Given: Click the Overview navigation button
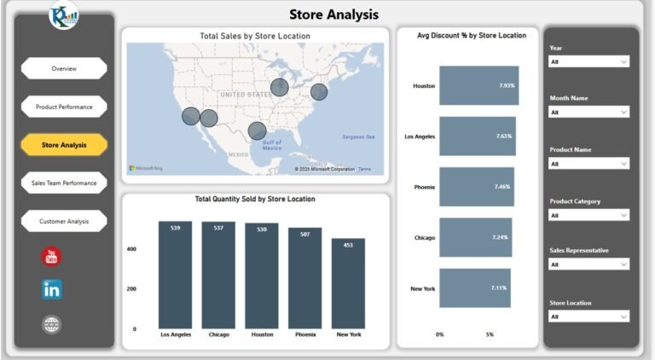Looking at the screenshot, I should pyautogui.click(x=64, y=68).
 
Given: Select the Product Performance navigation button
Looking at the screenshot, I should pyautogui.click(x=64, y=107).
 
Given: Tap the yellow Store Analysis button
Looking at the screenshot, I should pyautogui.click(x=64, y=145).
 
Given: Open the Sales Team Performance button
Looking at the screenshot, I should pyautogui.click(x=64, y=183).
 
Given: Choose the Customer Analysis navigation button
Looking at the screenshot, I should pyautogui.click(x=64, y=221).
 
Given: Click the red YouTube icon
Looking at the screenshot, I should pyautogui.click(x=52, y=256).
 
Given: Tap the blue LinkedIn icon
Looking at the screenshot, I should pyautogui.click(x=52, y=289).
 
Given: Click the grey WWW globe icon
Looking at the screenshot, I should pyautogui.click(x=52, y=324).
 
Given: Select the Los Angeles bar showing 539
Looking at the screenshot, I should pyautogui.click(x=175, y=275).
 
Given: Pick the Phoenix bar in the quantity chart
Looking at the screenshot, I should pyautogui.click(x=304, y=278).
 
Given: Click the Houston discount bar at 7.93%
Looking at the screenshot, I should pyautogui.click(x=478, y=85).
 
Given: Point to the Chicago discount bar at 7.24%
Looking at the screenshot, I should pyautogui.click(x=475, y=237).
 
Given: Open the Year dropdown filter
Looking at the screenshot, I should pyautogui.click(x=589, y=61).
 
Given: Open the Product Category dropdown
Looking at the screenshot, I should pyautogui.click(x=589, y=215).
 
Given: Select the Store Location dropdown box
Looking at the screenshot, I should pyautogui.click(x=589, y=316).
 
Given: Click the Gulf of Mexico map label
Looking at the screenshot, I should pyautogui.click(x=271, y=145).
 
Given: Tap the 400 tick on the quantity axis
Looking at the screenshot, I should pyautogui.click(x=132, y=249).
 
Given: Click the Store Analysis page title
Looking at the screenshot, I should pyautogui.click(x=333, y=15).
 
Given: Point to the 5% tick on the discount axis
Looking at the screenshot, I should pyautogui.click(x=490, y=334).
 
